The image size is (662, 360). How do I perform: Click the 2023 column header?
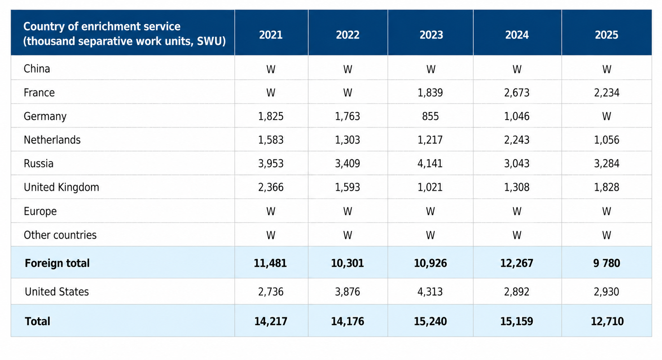pos(431,35)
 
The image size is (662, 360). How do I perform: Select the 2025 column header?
pos(606,35)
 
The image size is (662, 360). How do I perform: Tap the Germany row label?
pos(45,116)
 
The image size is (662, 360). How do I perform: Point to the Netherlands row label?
pos(52,140)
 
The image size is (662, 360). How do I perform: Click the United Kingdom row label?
pos(61,187)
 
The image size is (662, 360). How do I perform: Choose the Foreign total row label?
pos(57,263)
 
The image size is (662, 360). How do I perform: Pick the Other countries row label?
pos(60,235)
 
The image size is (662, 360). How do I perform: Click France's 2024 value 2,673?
pos(516,93)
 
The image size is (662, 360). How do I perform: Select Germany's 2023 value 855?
pos(430,116)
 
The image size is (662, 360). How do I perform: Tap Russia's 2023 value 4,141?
pos(430,163)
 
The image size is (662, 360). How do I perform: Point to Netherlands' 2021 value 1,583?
pos(271,140)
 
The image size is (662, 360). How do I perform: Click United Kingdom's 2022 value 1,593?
pos(348,187)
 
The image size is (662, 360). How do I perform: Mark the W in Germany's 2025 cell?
pos(607,116)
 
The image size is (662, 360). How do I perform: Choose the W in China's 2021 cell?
pos(271,69)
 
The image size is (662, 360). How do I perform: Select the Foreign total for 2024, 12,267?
pos(516,263)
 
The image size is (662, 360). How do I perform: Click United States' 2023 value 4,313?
pos(430,292)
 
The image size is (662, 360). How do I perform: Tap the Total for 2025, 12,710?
pos(608,321)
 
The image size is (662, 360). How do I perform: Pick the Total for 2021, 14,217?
pos(271,321)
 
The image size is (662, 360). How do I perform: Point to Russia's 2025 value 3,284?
pos(607,163)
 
